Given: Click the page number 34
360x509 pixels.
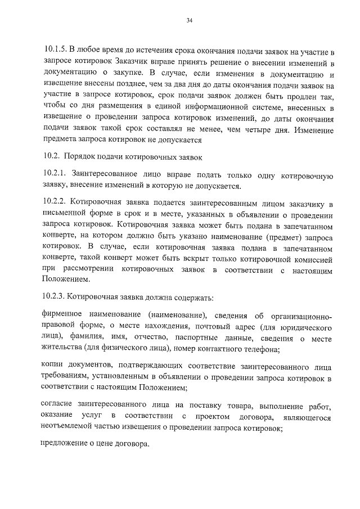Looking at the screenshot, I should pos(189,21).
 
